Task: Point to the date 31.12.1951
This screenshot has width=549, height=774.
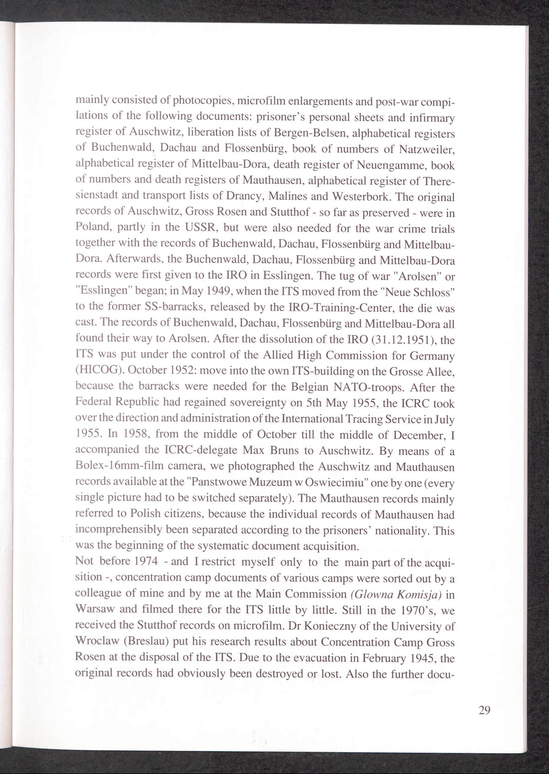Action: pos(405,340)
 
